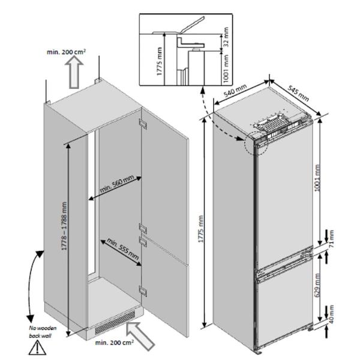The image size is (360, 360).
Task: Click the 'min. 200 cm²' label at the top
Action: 66,52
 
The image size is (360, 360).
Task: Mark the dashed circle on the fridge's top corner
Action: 253,146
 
